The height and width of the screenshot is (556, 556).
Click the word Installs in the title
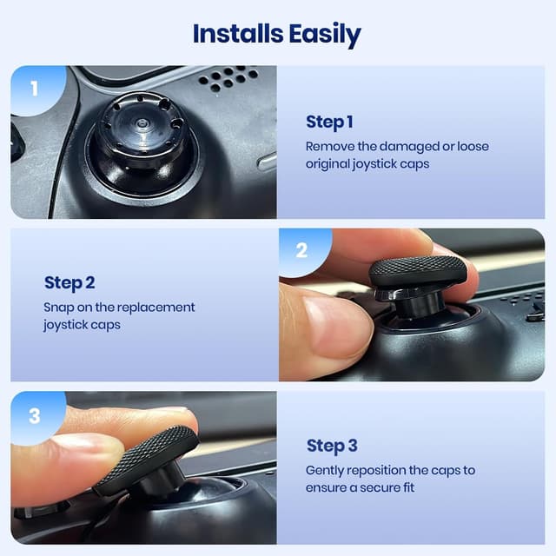[234, 34]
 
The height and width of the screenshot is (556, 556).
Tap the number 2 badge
[301, 251]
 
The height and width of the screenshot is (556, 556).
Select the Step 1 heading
[329, 122]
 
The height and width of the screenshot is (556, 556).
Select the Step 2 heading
[69, 282]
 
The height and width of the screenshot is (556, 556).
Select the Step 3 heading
[332, 446]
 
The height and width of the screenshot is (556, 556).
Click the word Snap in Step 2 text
[58, 308]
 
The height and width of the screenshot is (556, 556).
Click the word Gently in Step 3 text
[327, 470]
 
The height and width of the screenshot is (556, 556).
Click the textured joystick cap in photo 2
[418, 271]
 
